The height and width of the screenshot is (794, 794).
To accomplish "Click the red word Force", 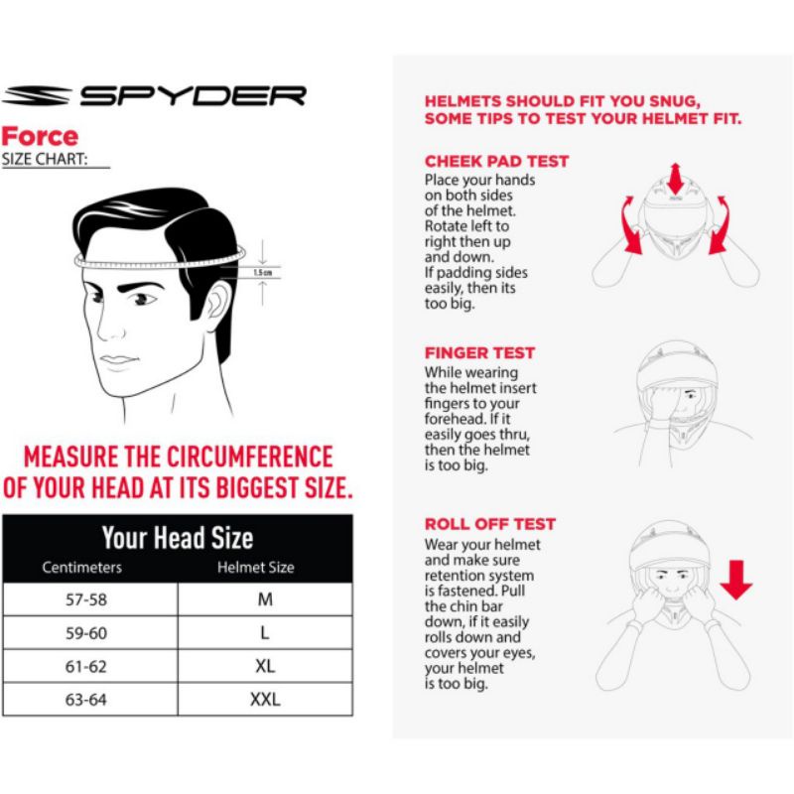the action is click(40, 137).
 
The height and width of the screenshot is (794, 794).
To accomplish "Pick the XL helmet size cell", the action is click(265, 666).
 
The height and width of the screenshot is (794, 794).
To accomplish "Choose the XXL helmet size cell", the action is click(265, 700).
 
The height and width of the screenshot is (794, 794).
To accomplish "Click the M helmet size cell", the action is click(265, 599).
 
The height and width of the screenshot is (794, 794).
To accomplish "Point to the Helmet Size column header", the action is click(256, 567).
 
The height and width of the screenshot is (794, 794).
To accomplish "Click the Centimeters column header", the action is click(82, 567).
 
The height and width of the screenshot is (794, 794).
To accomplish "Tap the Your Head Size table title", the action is click(178, 538).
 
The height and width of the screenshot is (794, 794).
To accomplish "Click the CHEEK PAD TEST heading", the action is click(497, 161).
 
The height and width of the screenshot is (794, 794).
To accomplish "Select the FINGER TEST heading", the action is click(479, 352).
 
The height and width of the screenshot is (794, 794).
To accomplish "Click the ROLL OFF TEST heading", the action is click(490, 524).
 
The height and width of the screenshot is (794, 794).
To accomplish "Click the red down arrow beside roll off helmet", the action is click(735, 580).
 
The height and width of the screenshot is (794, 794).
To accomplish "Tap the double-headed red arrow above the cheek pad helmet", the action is click(675, 179).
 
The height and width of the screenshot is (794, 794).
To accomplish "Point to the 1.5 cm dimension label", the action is click(262, 273).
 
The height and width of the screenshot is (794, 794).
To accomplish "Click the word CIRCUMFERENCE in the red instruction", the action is click(250, 457).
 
